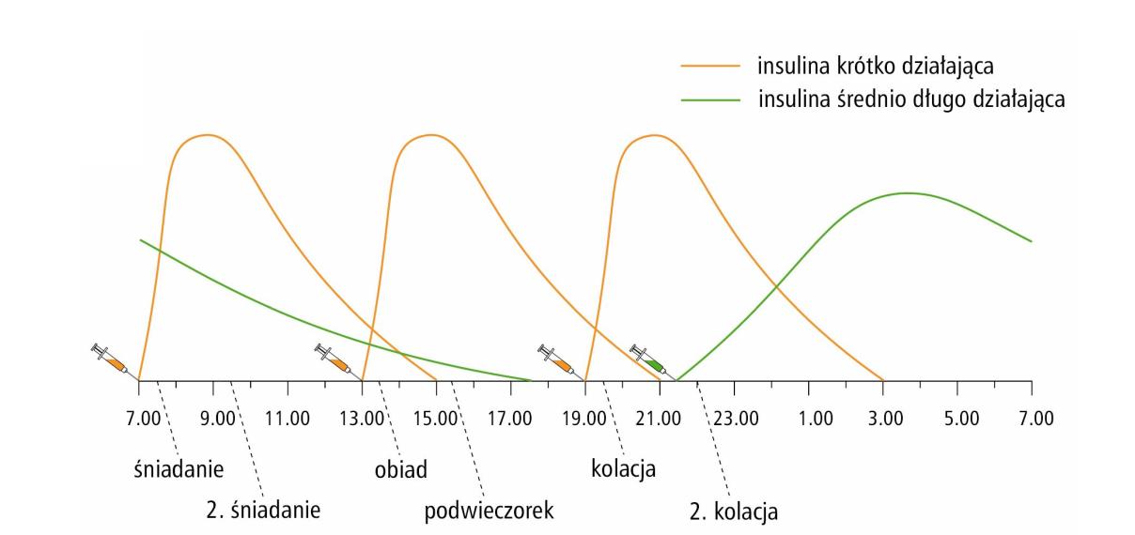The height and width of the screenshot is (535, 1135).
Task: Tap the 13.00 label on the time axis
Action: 365,416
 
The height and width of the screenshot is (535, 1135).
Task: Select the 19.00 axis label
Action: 585,416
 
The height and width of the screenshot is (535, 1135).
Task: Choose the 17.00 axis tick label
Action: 513,416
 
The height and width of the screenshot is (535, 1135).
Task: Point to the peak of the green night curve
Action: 907,192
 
